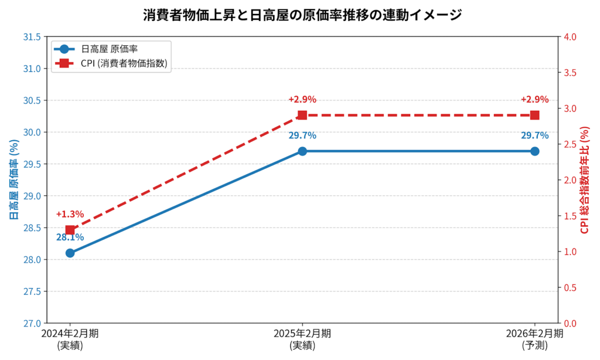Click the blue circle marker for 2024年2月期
tap(70, 253)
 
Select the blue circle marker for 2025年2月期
tap(302, 151)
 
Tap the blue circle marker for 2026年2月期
tap(534, 151)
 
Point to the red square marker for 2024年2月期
tap(70, 230)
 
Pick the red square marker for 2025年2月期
tap(302, 116)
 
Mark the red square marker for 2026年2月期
tap(534, 116)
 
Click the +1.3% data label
tap(70, 215)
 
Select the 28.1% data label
tap(70, 237)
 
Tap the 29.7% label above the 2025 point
tap(302, 135)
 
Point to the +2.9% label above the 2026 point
tap(534, 99)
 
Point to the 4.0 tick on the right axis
tap(570, 37)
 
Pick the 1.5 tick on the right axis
tap(570, 216)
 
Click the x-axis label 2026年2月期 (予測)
tap(534, 339)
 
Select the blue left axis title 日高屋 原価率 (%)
tap(13, 180)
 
